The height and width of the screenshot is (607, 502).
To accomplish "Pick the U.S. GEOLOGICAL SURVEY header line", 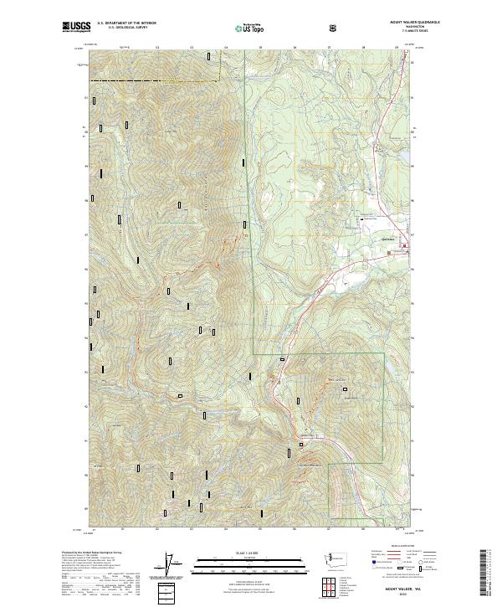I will click(125, 29).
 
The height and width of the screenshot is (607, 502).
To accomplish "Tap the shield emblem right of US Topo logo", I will click(334, 28).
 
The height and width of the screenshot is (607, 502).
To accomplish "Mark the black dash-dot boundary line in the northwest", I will click(151, 80).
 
